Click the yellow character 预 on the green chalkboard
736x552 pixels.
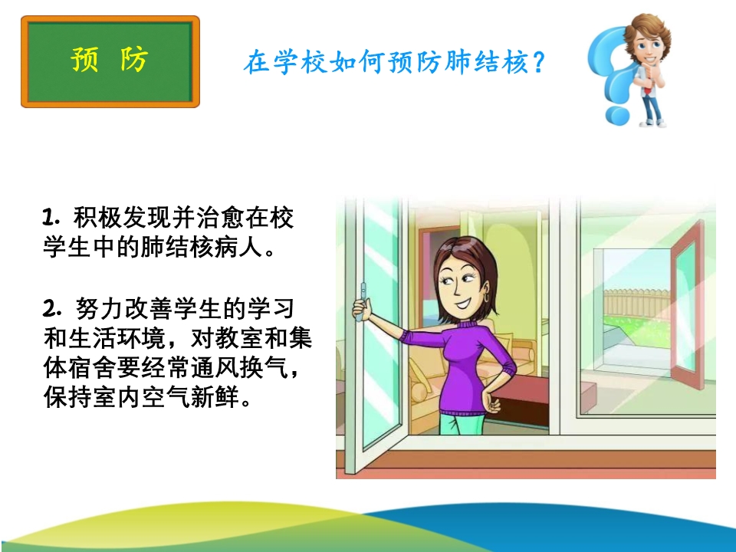[x=85, y=59]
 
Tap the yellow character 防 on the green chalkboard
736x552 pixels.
[x=134, y=59]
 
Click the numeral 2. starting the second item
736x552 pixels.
[x=51, y=308]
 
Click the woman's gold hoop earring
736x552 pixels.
[x=486, y=297]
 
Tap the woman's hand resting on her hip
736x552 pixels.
[x=491, y=402]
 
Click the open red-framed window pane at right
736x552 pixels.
[x=687, y=305]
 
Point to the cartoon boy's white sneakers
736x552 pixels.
[x=654, y=123]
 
